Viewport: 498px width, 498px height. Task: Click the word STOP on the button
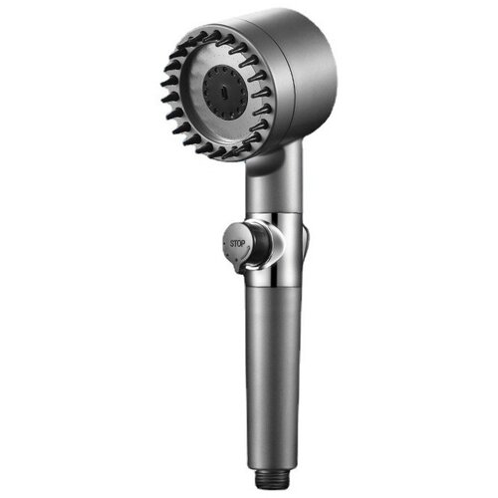coord(237,244)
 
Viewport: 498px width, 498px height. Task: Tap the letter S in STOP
coord(232,244)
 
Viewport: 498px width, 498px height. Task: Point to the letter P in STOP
coord(243,244)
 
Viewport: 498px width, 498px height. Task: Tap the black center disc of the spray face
coord(225,92)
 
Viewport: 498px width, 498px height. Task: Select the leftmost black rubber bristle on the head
coord(167,82)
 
